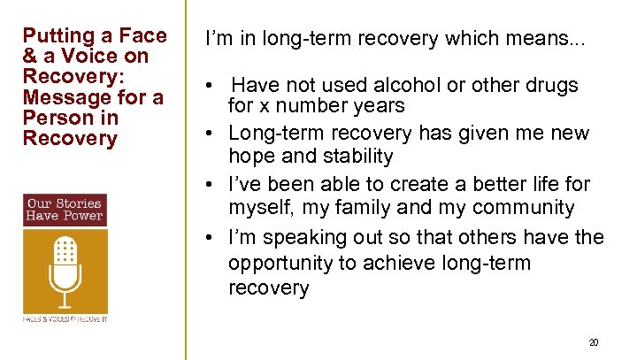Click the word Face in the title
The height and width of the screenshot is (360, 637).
coord(144,35)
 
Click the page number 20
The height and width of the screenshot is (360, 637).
coord(594,341)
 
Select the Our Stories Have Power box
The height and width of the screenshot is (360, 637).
coord(65,209)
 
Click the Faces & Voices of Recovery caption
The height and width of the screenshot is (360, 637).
coord(65,318)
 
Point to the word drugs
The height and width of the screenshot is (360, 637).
coord(553,85)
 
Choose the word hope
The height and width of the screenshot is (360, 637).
coord(250,157)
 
